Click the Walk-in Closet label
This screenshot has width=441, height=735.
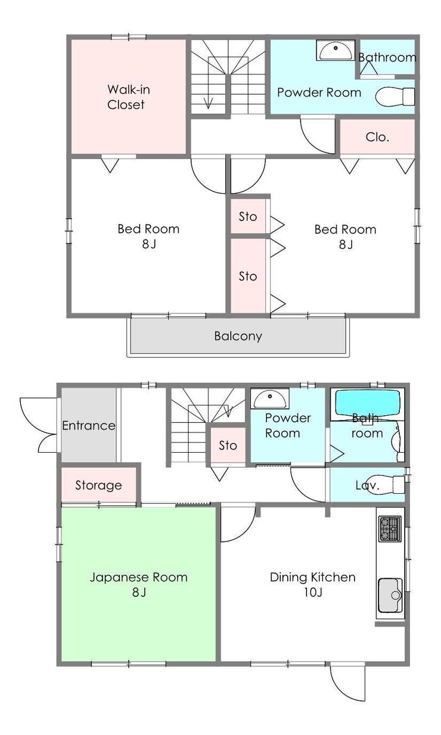coord(128,97)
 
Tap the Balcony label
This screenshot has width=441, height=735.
coord(238,336)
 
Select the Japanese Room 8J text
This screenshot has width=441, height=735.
coord(139,584)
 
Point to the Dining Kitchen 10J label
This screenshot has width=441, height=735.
coord(313,584)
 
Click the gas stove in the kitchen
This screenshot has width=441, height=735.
coord(390,529)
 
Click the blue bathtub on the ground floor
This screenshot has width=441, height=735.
coord(367,403)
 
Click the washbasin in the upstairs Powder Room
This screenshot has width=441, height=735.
coord(336,50)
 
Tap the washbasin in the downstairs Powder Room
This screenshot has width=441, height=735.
coord(270,398)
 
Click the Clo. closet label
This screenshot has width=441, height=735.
coord(377,137)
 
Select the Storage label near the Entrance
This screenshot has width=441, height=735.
coord(98,485)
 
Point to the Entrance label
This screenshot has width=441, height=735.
coord(89,426)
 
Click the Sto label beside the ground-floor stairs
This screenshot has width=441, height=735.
coord(228,446)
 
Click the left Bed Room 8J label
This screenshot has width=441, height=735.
coord(148,236)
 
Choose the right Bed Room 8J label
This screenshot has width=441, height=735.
coord(346,236)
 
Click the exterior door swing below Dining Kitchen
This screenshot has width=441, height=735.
coord(341,689)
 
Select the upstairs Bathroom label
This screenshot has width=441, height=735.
coord(387,57)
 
